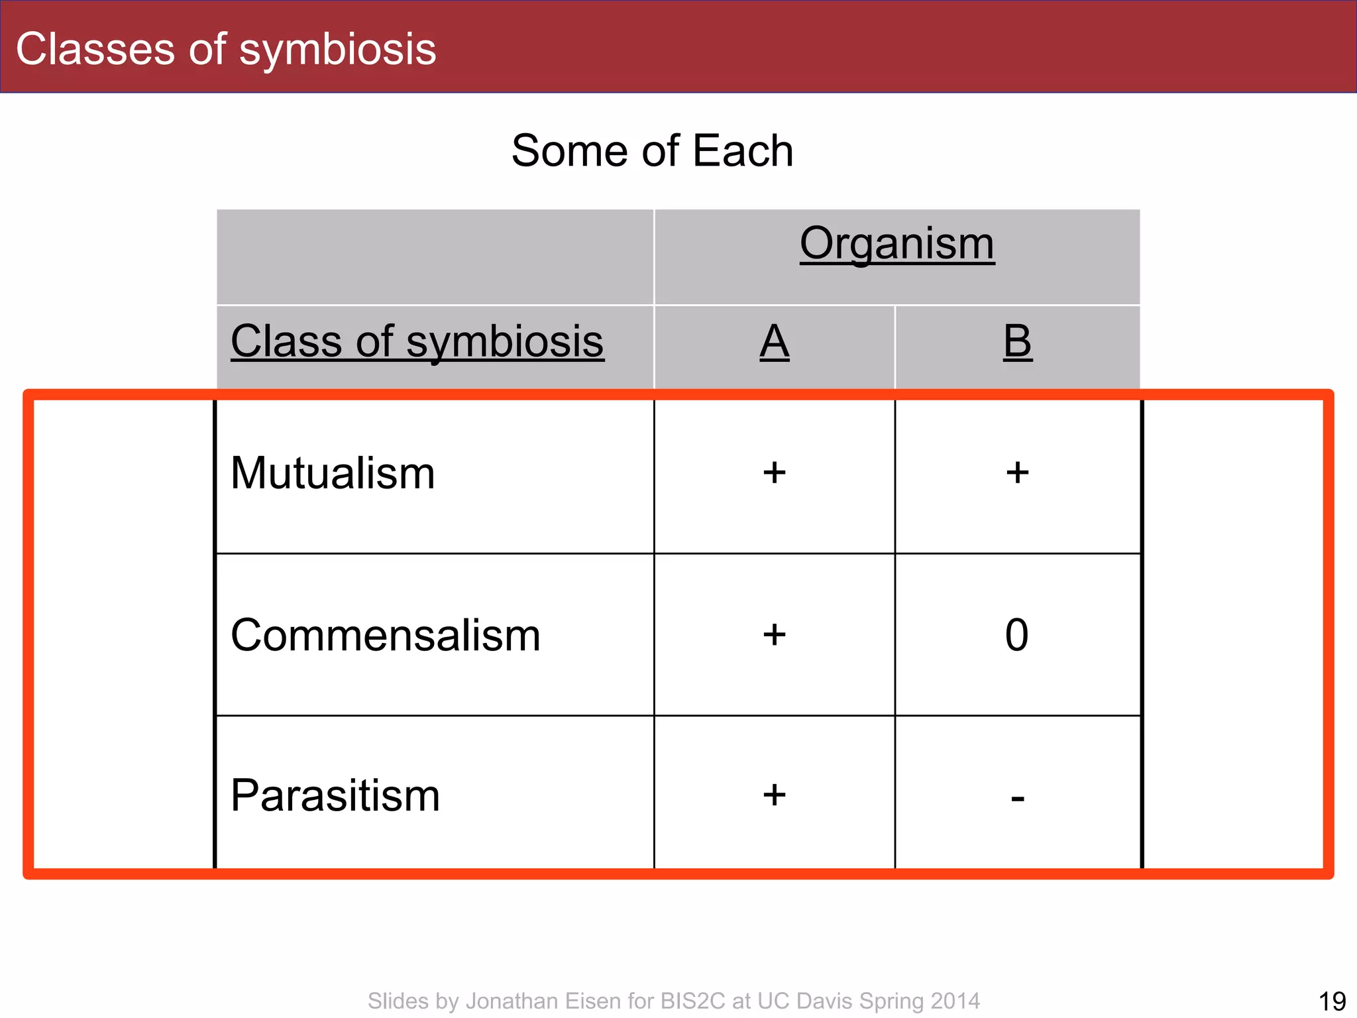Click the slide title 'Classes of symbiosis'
point(226,49)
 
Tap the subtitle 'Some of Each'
point(652,151)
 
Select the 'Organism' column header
point(896,244)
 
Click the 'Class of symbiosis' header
point(417,341)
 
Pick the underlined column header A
point(774,342)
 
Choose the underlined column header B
point(1017,342)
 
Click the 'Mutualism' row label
point(333,473)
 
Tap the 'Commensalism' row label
point(385,635)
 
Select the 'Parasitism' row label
point(335,795)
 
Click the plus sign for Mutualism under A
point(774,473)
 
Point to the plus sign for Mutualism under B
point(1017,473)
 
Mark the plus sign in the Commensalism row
point(774,635)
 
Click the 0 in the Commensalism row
point(1016,635)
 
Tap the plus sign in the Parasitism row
point(774,795)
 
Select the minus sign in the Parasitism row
point(1018,799)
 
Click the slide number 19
point(1332,1001)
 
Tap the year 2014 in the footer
point(954,1001)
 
